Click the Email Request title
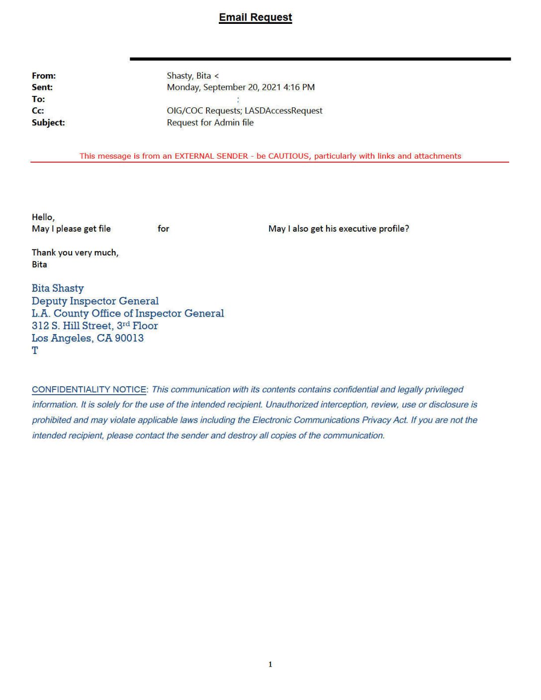pos(255,17)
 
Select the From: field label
pos(44,76)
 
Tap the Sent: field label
pos(42,87)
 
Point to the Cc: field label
pos(38,110)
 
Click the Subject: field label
pos(48,122)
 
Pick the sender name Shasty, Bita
pos(188,76)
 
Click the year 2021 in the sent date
pos(271,87)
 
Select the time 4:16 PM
pos(299,87)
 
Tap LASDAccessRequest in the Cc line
pos(283,110)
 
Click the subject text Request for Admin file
pos(210,122)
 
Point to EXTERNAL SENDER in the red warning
pos(211,156)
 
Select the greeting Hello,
pos(43,217)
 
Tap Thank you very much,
pos(75,253)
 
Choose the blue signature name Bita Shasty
pos(58,288)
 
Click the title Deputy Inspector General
pos(95,301)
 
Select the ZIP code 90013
pos(129,338)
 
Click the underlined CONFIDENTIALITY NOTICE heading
pos(89,390)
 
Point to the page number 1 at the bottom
pos(270,664)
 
